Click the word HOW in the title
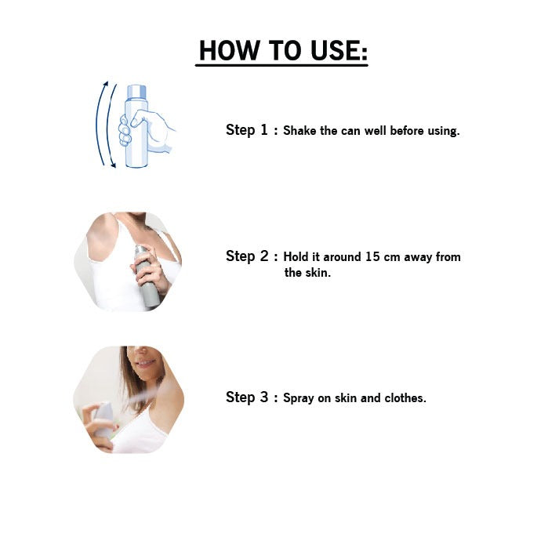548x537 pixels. tap(228, 50)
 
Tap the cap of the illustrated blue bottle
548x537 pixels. tap(136, 93)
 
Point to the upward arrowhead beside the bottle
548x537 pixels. tap(106, 84)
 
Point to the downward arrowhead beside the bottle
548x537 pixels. tap(113, 164)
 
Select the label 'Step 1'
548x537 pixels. tap(247, 130)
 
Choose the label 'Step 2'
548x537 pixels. tap(247, 256)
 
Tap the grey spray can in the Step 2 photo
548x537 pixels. tap(147, 276)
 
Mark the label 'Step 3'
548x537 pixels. tap(247, 397)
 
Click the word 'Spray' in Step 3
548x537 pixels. tap(298, 399)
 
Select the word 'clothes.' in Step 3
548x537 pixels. tap(405, 398)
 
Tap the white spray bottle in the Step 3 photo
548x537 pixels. tap(103, 419)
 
